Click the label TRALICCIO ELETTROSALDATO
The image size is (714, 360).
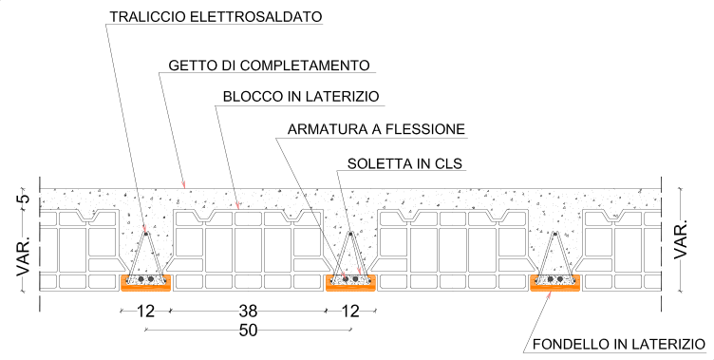tap(216, 17)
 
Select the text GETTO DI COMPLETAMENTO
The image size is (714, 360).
tap(269, 66)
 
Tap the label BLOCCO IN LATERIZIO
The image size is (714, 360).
tap(301, 97)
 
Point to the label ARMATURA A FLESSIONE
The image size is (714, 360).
tap(376, 129)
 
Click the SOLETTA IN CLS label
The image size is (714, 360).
tap(404, 163)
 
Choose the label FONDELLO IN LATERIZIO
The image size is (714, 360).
tap(619, 344)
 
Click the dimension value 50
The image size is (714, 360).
tap(248, 331)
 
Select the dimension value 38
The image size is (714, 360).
tap(248, 312)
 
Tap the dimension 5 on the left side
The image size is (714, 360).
tap(24, 199)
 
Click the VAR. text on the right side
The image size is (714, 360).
tap(681, 239)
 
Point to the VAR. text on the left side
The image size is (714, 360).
tap(24, 255)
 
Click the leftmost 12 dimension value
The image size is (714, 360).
tap(145, 312)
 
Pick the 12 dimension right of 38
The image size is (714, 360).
tap(350, 312)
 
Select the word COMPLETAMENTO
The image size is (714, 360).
tap(305, 66)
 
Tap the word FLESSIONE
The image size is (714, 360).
tap(425, 129)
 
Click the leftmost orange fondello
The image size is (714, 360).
tap(145, 282)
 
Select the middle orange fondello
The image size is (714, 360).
tap(350, 282)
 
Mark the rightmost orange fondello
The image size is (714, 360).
tap(555, 282)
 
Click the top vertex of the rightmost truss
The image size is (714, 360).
tap(555, 234)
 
